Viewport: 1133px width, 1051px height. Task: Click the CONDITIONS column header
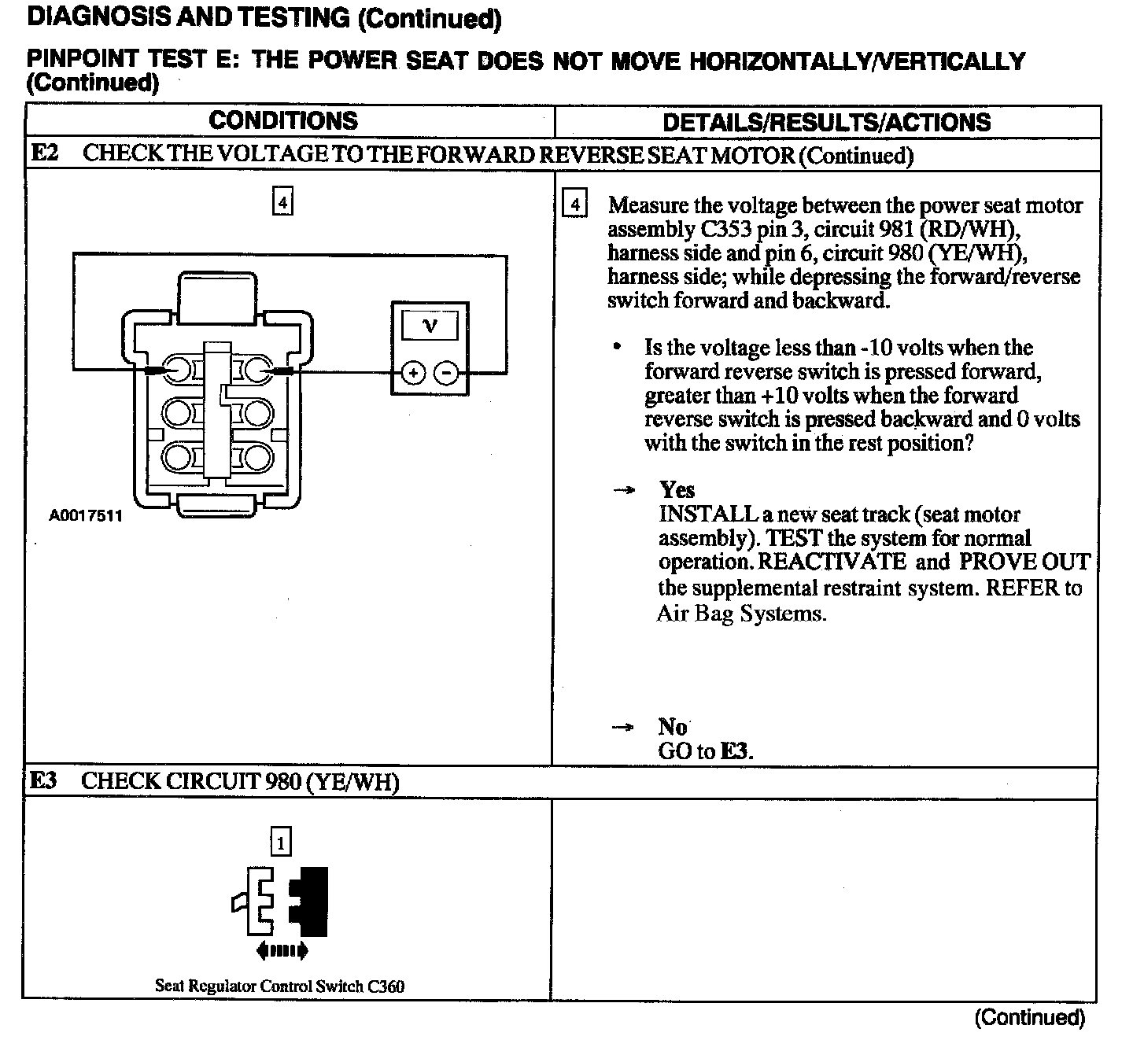coord(283,120)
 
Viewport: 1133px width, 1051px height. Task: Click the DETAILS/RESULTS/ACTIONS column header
coord(826,122)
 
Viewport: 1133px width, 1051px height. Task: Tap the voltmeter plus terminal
coord(412,372)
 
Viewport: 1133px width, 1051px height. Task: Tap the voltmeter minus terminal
coord(446,372)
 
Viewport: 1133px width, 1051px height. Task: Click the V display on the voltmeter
coord(430,324)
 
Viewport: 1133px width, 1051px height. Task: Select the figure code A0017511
coord(86,517)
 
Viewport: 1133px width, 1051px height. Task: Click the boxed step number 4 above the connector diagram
coord(282,203)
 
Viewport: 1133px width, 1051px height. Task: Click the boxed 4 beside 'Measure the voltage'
coord(575,205)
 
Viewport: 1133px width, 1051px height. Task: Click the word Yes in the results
coord(677,490)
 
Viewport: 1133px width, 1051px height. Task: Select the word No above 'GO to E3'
coord(673,726)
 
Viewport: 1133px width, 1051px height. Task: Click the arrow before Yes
coord(624,491)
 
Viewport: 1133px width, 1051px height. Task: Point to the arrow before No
coord(622,728)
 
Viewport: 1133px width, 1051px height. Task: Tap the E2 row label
coord(45,153)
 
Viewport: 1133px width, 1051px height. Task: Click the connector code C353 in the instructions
coord(724,230)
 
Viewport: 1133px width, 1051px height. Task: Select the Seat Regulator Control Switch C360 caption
coord(279,986)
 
